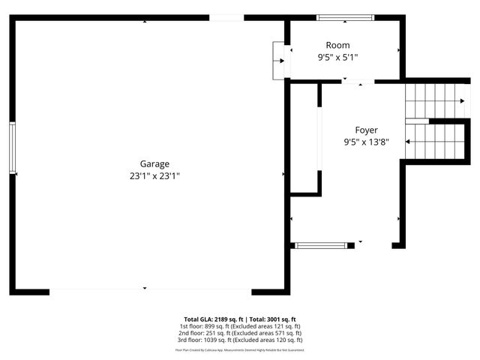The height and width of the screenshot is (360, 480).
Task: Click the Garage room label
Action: point(154,163)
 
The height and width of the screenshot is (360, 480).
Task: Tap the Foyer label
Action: point(366,130)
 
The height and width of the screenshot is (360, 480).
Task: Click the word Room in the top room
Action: point(337,46)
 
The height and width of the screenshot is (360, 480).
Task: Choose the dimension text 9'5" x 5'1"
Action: point(337,57)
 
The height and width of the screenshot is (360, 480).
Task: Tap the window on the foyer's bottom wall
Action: point(321,244)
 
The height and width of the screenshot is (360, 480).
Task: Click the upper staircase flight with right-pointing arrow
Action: point(435,100)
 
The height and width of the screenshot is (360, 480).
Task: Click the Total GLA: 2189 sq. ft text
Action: point(213,319)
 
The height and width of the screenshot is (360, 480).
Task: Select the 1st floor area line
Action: point(240,326)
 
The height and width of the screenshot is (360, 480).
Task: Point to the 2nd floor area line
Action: point(240,333)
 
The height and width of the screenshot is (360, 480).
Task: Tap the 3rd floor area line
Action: point(240,340)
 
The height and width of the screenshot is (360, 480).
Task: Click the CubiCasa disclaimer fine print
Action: point(240,349)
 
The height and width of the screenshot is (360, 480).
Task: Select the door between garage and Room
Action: point(280,60)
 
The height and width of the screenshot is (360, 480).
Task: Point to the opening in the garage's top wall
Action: point(226,17)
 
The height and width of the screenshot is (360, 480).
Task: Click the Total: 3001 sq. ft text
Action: point(272,319)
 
